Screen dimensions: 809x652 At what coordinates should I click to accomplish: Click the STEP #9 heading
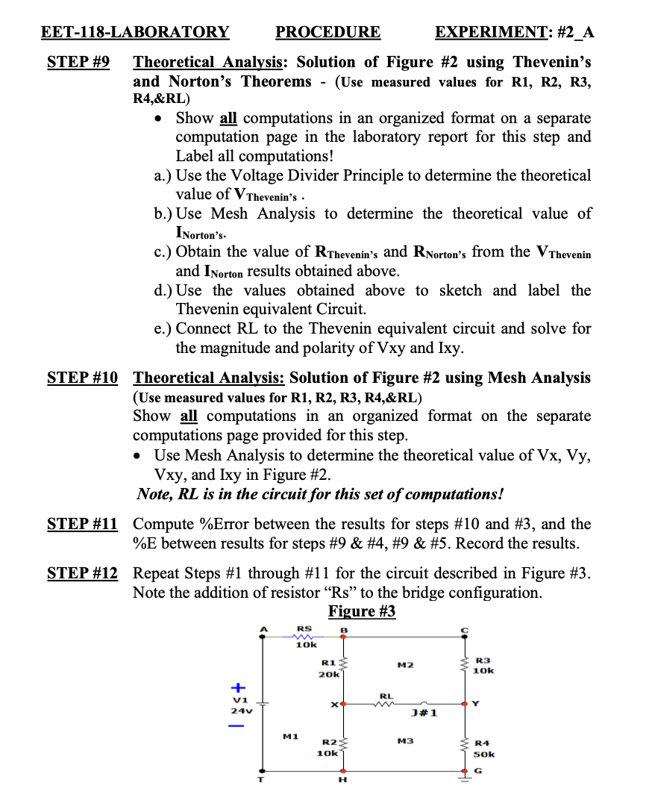78,61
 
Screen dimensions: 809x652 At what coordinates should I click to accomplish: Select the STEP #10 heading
82,378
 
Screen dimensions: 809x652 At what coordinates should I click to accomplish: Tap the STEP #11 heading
82,524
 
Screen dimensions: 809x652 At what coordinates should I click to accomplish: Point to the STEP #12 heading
82,573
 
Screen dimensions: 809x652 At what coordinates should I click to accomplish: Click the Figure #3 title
362,611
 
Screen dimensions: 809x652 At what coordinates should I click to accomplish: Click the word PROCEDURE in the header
327,31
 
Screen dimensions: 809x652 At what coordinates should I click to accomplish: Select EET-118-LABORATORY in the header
135,31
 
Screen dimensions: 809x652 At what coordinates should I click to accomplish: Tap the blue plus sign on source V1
238,686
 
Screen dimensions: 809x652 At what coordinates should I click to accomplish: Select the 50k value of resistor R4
485,755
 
